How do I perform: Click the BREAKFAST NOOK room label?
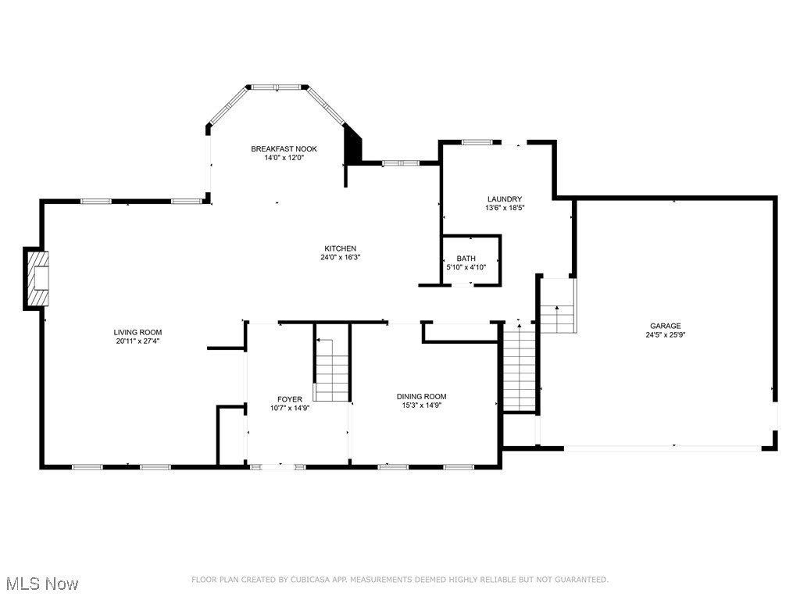point(284,149)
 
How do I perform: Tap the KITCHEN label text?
point(341,248)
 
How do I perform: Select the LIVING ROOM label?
point(137,333)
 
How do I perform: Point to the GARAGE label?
point(666,326)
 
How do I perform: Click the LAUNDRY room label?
point(505,199)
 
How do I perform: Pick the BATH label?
point(466,259)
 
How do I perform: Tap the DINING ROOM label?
point(421,396)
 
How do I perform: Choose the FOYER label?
point(290,399)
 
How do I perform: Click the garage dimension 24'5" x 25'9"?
point(666,334)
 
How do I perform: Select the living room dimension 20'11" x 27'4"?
point(137,341)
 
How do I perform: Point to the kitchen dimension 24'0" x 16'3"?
point(341,258)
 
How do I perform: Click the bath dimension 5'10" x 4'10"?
point(466,267)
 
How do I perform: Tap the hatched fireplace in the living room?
point(37,278)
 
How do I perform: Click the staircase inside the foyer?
point(331,370)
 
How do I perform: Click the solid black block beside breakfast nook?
point(353,144)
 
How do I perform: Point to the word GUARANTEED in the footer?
point(581,580)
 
